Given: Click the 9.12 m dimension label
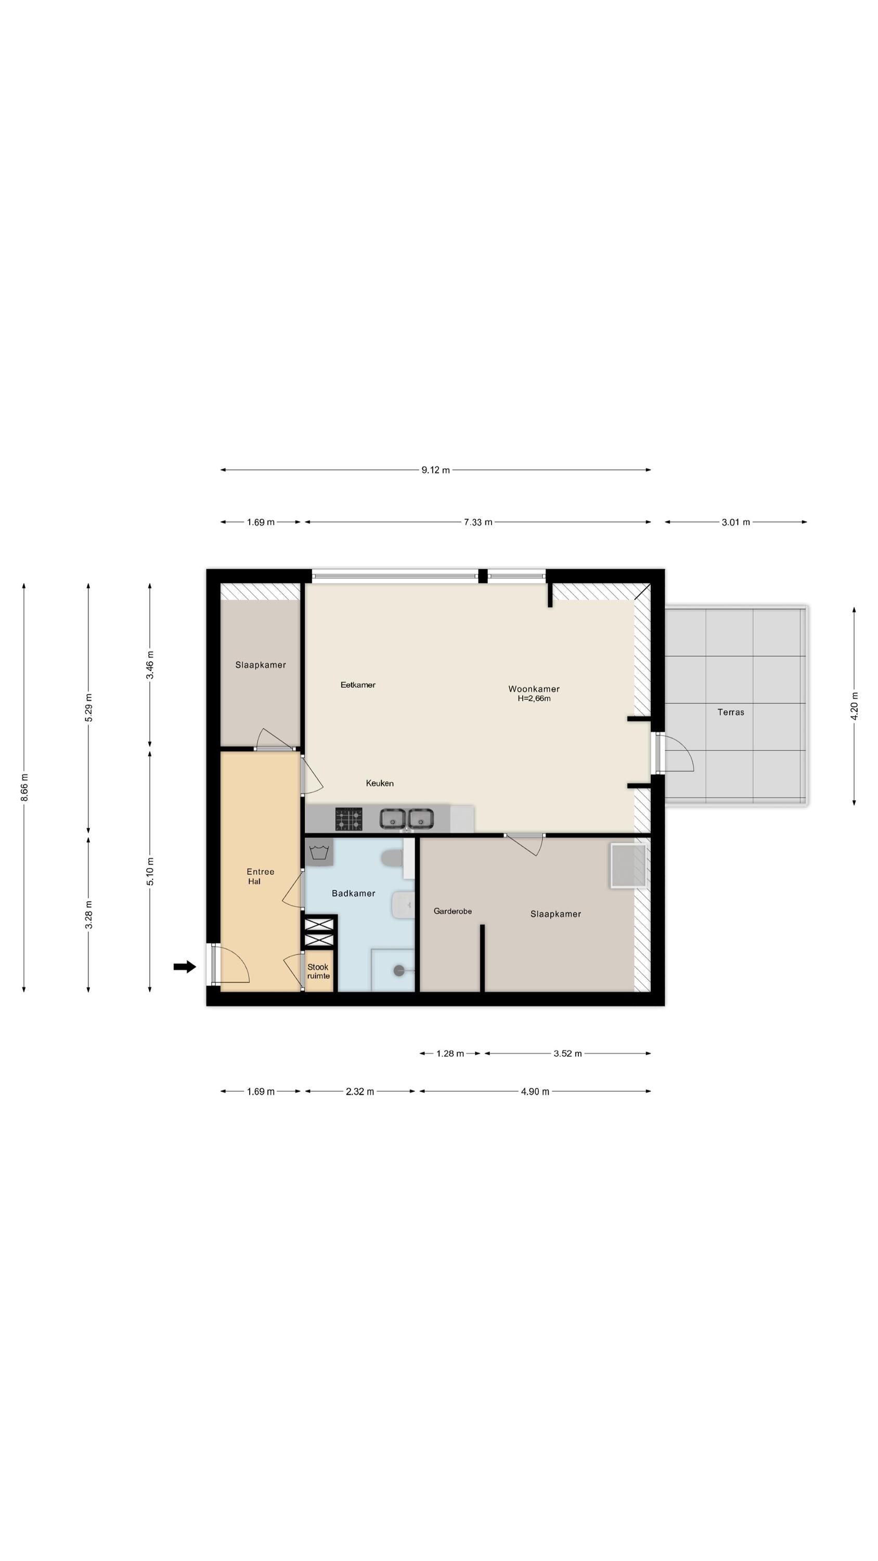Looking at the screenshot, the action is point(436,470).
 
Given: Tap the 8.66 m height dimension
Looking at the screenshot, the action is point(24,787).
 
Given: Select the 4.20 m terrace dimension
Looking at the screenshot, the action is point(855,706).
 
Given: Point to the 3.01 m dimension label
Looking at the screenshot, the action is point(735,522).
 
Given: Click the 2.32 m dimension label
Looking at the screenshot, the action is point(360,1091).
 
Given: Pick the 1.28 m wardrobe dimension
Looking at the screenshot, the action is point(450,1053).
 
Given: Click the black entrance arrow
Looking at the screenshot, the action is point(185,967).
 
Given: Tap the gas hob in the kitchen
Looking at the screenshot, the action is point(348,818).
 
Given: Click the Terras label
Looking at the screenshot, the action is point(731,712).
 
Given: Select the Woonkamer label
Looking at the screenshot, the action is point(534,688).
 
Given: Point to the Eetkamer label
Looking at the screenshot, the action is point(357,685).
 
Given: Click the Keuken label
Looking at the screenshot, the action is point(380,783).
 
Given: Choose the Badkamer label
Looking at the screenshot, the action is point(353,893).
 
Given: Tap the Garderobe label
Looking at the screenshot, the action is point(453,911).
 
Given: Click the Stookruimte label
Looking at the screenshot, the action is point(318,971).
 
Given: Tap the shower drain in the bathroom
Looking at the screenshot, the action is point(399,971).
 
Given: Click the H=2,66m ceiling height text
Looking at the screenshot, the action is point(534,699).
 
